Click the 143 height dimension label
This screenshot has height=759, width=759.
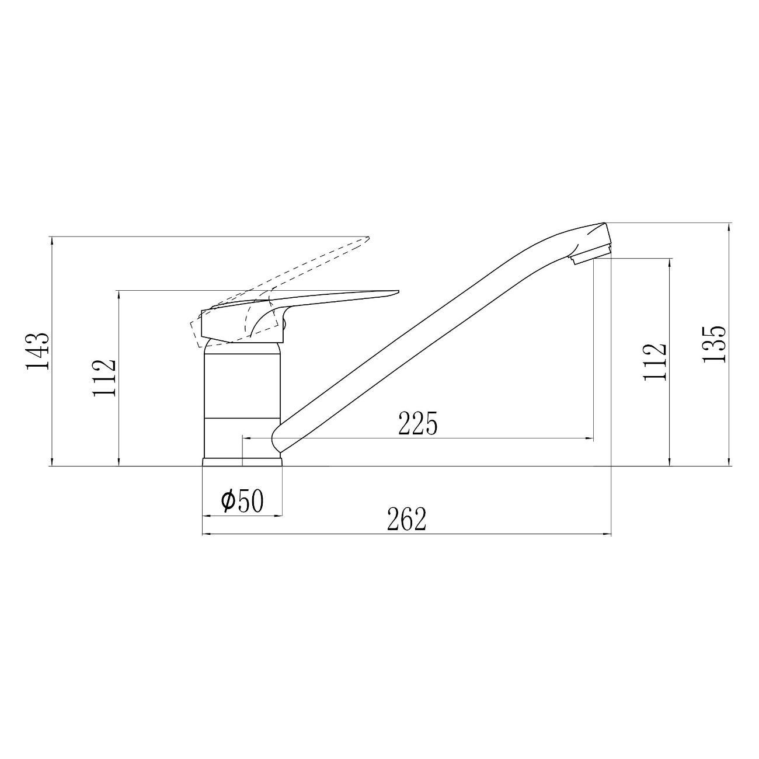click(38, 351)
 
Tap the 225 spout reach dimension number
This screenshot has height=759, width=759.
click(418, 423)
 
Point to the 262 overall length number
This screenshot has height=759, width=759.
click(407, 519)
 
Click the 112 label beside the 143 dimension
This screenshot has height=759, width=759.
click(105, 378)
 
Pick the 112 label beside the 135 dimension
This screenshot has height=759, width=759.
click(654, 362)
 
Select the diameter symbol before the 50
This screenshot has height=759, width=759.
click(228, 501)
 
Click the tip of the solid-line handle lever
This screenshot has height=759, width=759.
click(399, 292)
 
